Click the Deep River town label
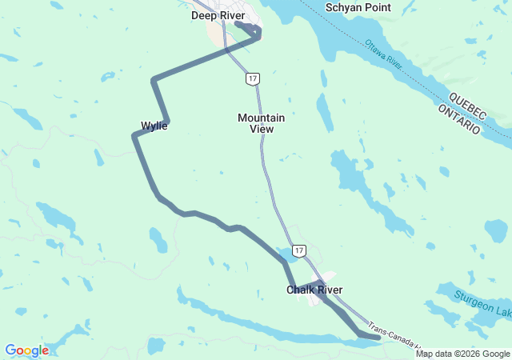click(218, 15)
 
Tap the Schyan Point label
click(358, 7)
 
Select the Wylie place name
click(154, 126)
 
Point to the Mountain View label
click(261, 122)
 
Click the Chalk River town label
click(314, 290)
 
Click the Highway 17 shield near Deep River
click(253, 78)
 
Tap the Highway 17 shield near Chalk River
click(298, 250)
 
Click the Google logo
click(26, 350)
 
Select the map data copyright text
click(462, 354)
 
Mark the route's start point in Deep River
click(238, 24)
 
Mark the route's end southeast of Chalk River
click(378, 338)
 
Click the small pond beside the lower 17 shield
click(284, 255)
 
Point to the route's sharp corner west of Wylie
click(134, 136)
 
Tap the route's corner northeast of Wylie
click(154, 79)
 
